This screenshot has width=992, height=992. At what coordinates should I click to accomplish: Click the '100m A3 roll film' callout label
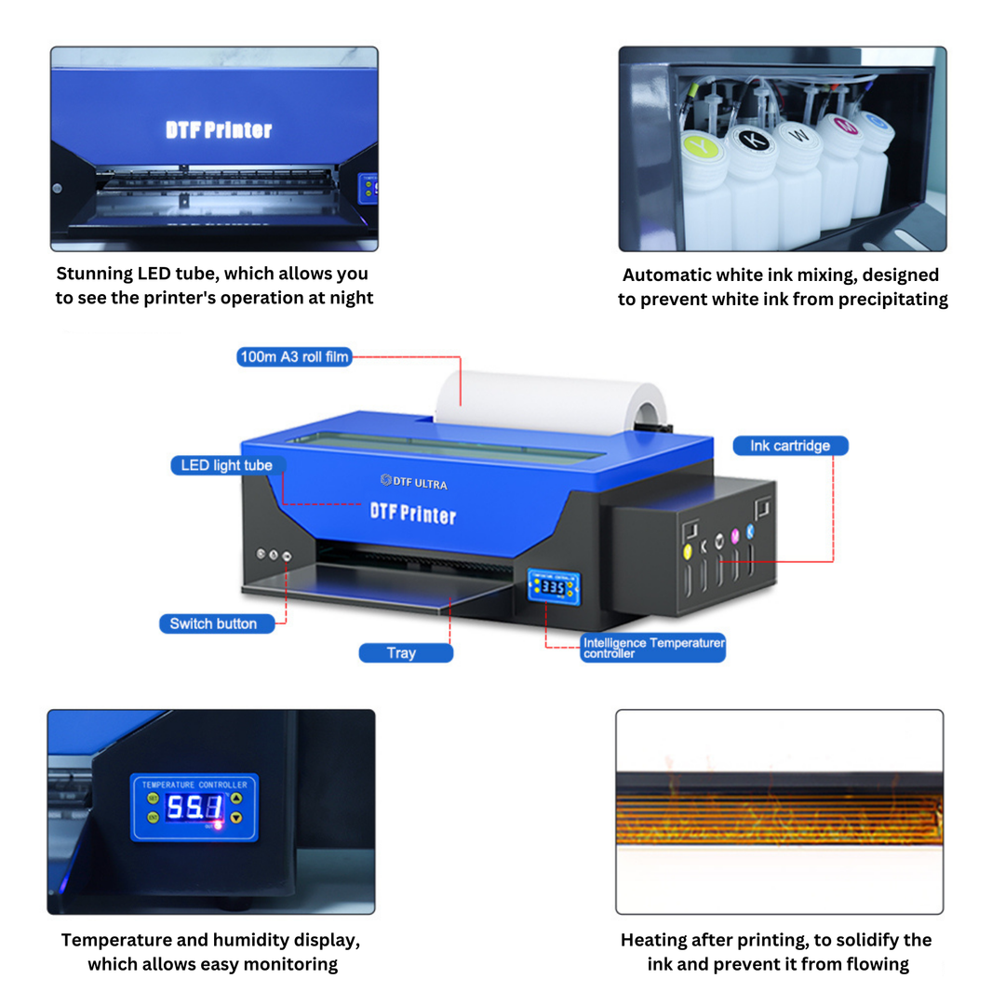coord(294,356)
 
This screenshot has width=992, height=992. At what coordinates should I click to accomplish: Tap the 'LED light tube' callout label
coord(227,465)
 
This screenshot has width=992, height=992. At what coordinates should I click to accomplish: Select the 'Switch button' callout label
coord(213,623)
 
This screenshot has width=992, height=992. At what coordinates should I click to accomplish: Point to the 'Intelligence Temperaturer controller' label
coord(652,648)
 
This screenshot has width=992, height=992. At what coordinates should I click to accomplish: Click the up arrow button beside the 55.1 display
coord(235,798)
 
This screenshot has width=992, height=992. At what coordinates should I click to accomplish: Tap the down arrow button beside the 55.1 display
coord(235,817)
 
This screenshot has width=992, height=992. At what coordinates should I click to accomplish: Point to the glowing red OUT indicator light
coord(219,824)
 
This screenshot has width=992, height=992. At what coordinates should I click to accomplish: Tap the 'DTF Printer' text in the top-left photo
coord(219,130)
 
